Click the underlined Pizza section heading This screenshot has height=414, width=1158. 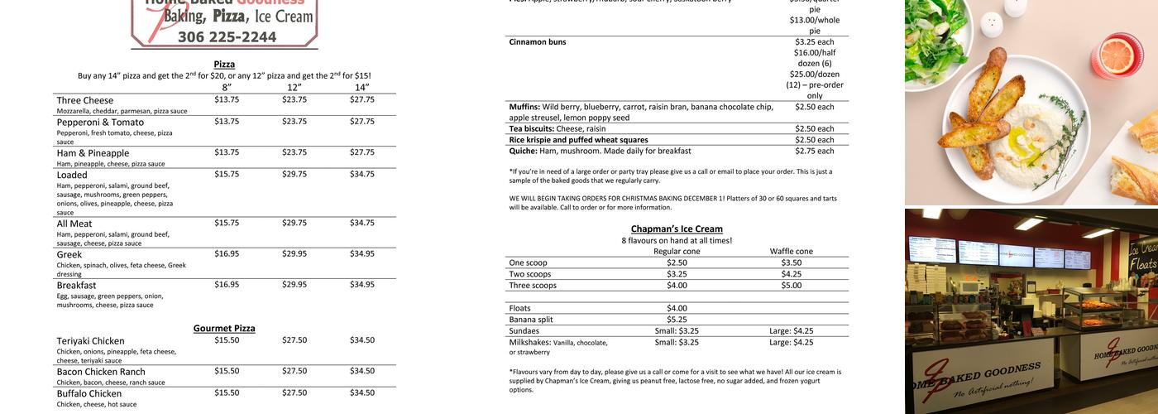pyautogui.click(x=224, y=64)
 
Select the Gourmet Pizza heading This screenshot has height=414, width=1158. pyautogui.click(x=224, y=328)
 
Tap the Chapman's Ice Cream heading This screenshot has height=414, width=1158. pyautogui.click(x=677, y=229)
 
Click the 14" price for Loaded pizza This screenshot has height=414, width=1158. pyautogui.click(x=361, y=174)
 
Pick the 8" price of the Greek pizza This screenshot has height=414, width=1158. pyautogui.click(x=227, y=253)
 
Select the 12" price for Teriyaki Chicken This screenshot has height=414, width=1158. pyautogui.click(x=294, y=339)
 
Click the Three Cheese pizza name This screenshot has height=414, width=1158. pyautogui.click(x=85, y=100)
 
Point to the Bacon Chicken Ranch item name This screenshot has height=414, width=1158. pyautogui.click(x=101, y=372)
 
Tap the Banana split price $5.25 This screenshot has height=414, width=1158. pyautogui.click(x=677, y=320)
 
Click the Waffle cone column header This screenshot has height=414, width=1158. pyautogui.click(x=791, y=251)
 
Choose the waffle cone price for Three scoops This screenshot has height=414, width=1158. pyautogui.click(x=791, y=285)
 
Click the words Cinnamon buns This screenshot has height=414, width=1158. pyautogui.click(x=538, y=41)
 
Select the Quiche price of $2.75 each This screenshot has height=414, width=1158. pyautogui.click(x=814, y=151)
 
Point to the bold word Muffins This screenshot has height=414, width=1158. pyautogui.click(x=524, y=107)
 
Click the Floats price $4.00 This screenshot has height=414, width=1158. pyautogui.click(x=677, y=308)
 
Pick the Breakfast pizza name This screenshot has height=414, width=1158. pyautogui.click(x=76, y=286)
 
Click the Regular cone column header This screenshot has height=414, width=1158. pyautogui.click(x=677, y=251)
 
